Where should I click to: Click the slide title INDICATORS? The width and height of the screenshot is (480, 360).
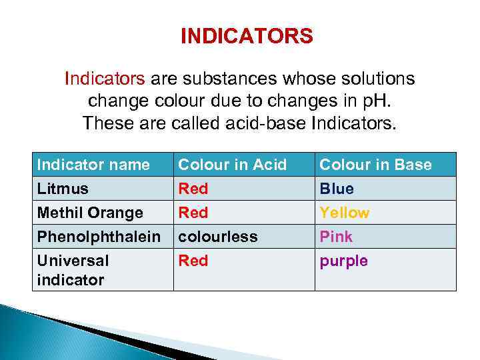[x=246, y=36]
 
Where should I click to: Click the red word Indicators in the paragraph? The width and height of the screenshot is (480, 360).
[x=104, y=79]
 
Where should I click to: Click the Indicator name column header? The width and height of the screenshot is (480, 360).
[x=93, y=165]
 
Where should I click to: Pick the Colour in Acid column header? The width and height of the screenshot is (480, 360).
[x=232, y=165]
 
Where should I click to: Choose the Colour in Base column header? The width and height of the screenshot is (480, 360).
[x=375, y=165]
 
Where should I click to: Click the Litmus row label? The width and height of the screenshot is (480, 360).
[x=63, y=189]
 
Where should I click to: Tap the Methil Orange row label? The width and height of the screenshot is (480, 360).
[x=90, y=213]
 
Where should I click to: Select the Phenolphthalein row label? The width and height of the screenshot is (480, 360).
[x=99, y=237]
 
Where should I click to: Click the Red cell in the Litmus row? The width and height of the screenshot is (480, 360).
[x=193, y=189]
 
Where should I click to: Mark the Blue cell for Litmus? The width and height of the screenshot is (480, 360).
[x=337, y=189]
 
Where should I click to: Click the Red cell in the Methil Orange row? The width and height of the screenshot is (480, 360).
[x=193, y=213]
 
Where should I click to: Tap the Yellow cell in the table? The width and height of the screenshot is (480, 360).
[x=344, y=213]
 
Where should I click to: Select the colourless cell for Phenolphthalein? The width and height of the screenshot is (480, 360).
[x=217, y=237]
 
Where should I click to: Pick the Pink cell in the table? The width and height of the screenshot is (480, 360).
[x=336, y=237]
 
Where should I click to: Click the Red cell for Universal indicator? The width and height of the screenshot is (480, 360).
[x=193, y=261]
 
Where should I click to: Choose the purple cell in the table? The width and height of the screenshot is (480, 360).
[x=343, y=261]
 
